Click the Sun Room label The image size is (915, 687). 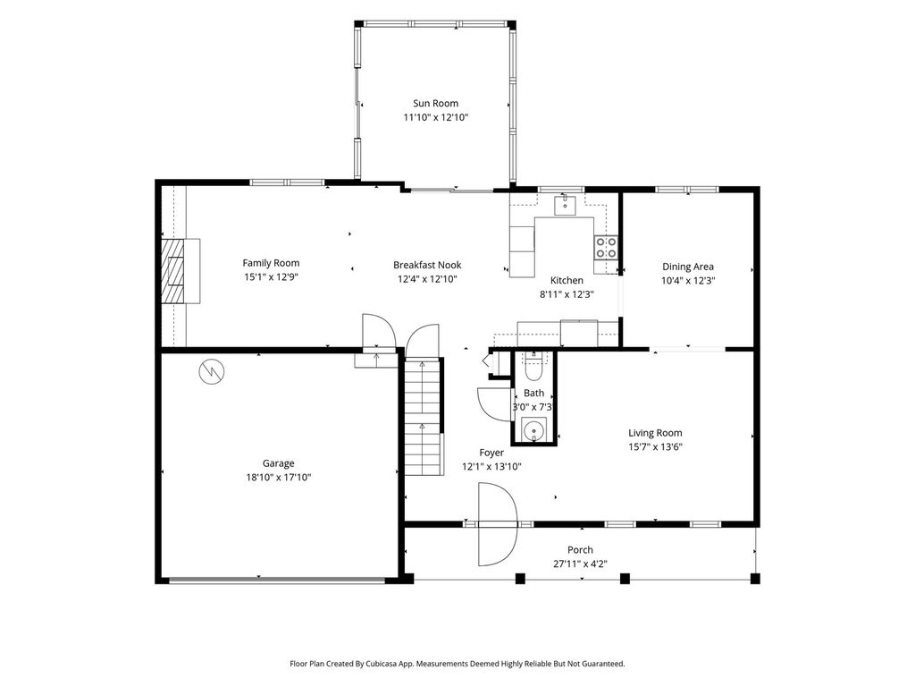click(x=435, y=104)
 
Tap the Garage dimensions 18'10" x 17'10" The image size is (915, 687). click(x=279, y=478)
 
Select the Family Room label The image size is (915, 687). click(x=271, y=263)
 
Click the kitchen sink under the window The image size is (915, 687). click(x=565, y=206)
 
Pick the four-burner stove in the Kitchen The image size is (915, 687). click(x=606, y=247)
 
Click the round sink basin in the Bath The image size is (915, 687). click(x=534, y=430)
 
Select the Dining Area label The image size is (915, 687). click(x=688, y=267)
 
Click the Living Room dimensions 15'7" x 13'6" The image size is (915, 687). click(x=655, y=447)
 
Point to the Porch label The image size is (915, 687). click(x=580, y=550)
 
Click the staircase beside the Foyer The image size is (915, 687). click(x=422, y=416)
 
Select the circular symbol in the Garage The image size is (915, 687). click(x=212, y=371)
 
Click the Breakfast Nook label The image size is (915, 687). click(x=427, y=265)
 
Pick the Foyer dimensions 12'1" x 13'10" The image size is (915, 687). click(x=491, y=466)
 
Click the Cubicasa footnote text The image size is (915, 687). click(x=457, y=664)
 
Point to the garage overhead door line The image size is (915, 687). click(x=277, y=580)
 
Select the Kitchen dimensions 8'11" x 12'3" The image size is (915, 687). click(x=566, y=294)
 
